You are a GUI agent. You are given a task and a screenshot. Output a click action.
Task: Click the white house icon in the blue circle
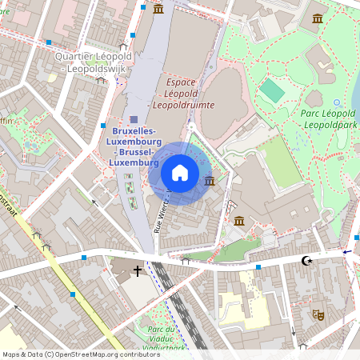point(180,173)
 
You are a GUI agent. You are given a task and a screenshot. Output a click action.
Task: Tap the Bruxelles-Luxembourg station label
point(134,146)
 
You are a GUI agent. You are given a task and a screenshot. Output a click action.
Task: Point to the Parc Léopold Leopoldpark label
point(328,119)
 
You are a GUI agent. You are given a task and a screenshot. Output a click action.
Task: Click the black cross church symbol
point(138,271)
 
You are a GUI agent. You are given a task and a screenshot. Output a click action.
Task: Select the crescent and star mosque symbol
point(305,260)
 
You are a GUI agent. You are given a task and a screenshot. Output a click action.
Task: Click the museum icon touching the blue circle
point(210,181)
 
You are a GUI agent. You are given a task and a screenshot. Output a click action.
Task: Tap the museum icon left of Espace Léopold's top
point(158,9)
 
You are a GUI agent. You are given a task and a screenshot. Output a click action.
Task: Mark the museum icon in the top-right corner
point(318,18)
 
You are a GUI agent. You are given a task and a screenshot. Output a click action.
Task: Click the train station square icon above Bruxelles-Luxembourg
point(134,118)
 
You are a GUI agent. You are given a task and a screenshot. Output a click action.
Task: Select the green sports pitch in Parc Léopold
point(273,90)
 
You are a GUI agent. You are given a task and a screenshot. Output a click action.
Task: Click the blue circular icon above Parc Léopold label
point(337,102)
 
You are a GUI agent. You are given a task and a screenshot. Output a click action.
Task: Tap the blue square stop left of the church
point(84,258)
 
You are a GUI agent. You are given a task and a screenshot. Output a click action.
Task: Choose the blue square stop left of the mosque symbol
point(258,267)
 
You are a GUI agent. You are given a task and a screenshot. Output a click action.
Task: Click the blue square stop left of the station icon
point(103,126)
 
